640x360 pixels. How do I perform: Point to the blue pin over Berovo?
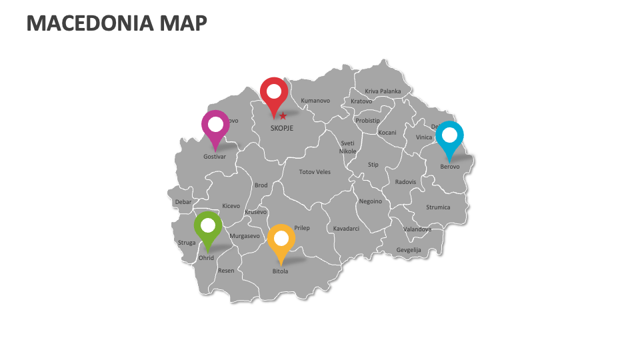[450, 136]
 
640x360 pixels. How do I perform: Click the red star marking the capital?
[283, 116]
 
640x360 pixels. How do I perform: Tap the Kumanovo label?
[315, 101]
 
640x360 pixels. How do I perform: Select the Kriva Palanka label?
[383, 91]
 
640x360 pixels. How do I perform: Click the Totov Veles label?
[315, 172]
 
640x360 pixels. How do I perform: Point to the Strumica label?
[438, 207]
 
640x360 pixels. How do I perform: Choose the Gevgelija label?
[409, 250]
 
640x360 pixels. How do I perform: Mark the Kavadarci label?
[346, 229]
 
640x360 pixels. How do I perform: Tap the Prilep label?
[302, 228]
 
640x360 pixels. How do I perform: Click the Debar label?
[183, 201]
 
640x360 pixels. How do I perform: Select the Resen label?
[226, 271]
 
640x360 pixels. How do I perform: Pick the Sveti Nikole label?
[348, 147]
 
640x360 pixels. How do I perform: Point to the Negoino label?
[371, 201]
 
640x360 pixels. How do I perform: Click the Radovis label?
[405, 182]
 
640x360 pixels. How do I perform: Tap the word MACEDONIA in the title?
[91, 23]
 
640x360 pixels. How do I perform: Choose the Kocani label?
[387, 133]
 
